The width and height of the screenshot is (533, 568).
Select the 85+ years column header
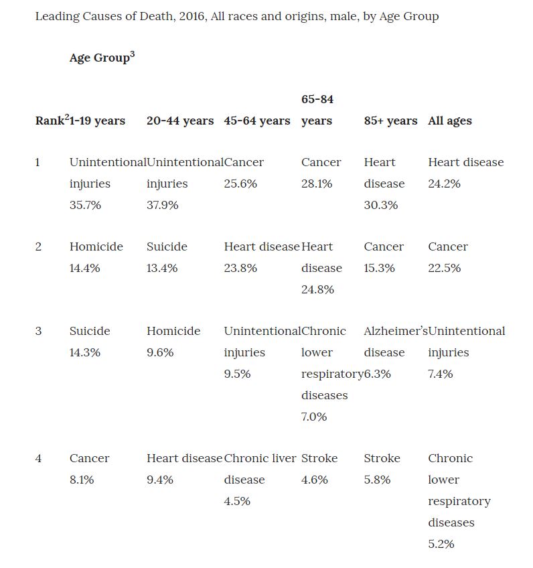click(x=390, y=121)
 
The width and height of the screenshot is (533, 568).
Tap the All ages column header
click(x=450, y=121)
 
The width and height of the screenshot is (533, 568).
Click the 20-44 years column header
click(x=180, y=121)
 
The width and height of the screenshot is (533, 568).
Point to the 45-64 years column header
click(x=257, y=121)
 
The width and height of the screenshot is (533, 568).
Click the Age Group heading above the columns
click(x=101, y=58)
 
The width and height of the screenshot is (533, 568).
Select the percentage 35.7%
click(x=85, y=205)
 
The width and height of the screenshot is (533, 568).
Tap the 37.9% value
click(x=163, y=205)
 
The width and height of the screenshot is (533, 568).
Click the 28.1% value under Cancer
click(x=317, y=184)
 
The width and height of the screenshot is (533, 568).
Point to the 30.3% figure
click(x=381, y=205)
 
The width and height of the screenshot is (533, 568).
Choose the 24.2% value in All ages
click(x=445, y=184)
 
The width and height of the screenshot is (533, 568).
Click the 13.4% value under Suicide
click(x=162, y=268)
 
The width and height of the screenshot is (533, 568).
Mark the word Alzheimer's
click(x=395, y=331)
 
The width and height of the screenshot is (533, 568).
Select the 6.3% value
click(x=378, y=374)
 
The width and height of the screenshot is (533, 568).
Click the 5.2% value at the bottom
click(x=441, y=544)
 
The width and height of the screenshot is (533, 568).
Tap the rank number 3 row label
click(x=38, y=331)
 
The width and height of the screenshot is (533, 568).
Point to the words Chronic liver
click(x=260, y=458)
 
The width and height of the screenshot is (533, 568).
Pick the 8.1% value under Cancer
click(x=82, y=480)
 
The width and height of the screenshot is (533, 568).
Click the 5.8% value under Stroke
click(x=377, y=480)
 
